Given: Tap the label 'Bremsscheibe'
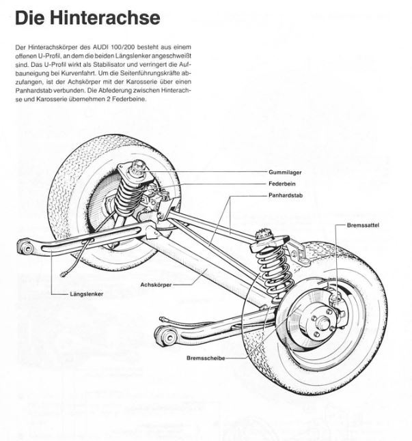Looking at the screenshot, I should click(x=202, y=356).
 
